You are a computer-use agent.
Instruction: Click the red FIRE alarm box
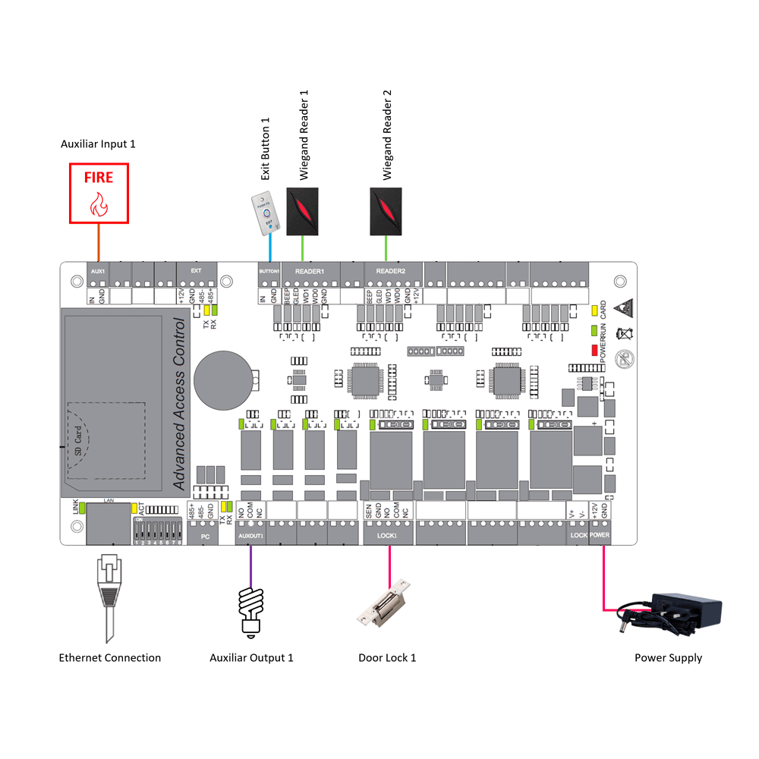(99, 194)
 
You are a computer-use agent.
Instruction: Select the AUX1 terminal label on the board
(96, 271)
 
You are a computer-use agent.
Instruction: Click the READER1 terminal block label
(310, 271)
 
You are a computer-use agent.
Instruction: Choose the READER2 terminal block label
(390, 271)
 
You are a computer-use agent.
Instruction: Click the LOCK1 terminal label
(386, 536)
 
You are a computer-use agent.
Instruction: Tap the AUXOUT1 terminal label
(250, 536)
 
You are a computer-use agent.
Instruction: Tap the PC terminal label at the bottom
(204, 536)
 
